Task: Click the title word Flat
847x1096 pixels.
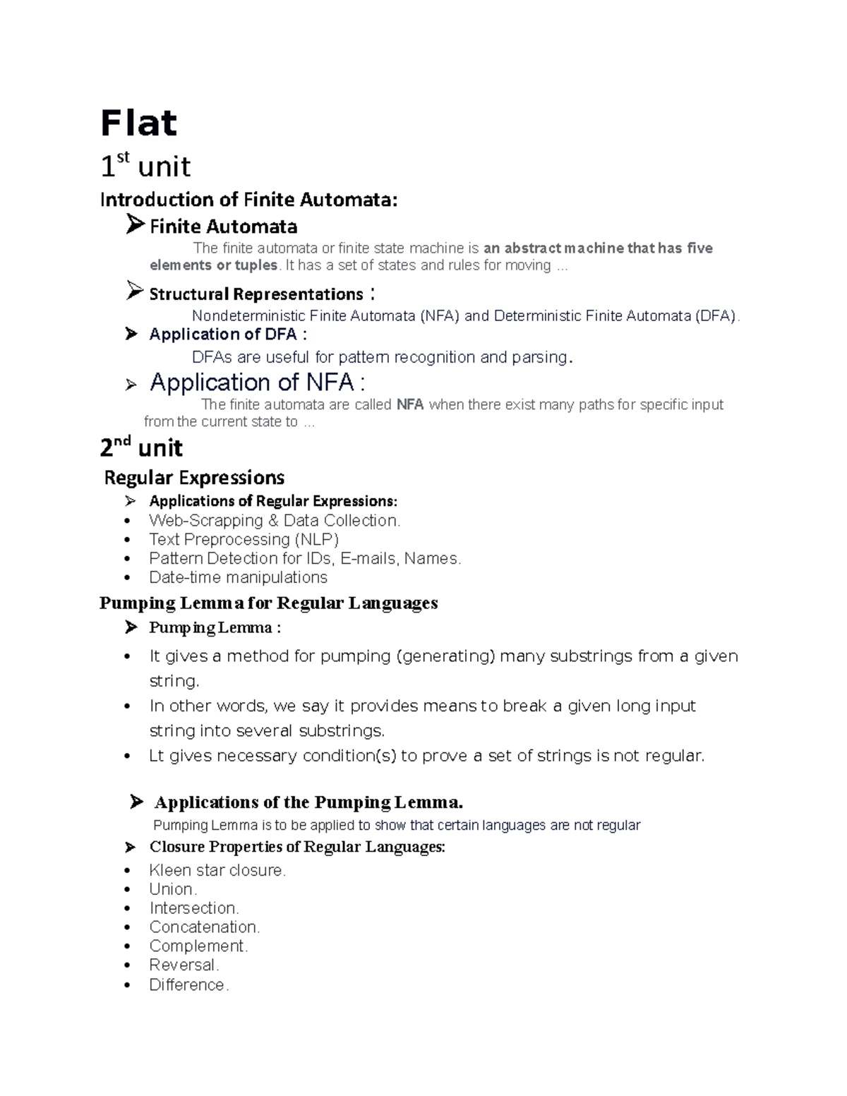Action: [138, 124]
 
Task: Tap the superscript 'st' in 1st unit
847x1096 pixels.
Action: [123, 157]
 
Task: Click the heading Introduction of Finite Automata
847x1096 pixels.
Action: [248, 200]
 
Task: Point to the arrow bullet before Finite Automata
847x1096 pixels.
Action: [135, 225]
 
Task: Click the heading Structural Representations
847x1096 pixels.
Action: [256, 294]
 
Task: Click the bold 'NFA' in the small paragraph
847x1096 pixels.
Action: [409, 404]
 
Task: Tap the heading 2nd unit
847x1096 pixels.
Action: [141, 448]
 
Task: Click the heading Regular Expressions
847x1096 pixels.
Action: [194, 478]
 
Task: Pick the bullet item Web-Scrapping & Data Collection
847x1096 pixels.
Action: [274, 521]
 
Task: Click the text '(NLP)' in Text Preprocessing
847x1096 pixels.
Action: [317, 540]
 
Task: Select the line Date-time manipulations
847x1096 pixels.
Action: [238, 577]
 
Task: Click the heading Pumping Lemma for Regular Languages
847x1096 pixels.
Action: [268, 603]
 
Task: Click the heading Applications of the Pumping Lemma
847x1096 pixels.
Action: [308, 802]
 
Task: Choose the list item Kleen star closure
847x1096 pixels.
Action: [217, 870]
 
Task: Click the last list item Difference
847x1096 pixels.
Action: [188, 984]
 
